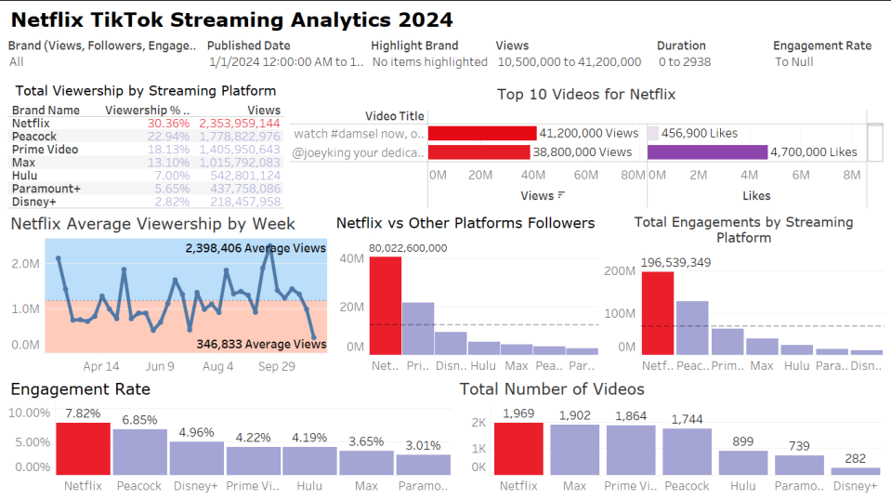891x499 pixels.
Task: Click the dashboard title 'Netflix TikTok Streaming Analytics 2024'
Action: point(231,19)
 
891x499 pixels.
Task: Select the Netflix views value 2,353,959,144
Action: point(241,123)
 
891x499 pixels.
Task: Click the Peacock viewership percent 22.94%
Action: point(168,136)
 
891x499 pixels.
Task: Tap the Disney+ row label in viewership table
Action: point(34,201)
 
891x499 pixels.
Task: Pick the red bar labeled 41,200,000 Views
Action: point(482,134)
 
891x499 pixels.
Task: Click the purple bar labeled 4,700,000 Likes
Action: point(707,152)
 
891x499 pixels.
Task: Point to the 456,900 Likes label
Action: point(699,134)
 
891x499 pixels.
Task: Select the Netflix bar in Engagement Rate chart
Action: point(83,449)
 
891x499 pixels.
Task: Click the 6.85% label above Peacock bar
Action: point(139,421)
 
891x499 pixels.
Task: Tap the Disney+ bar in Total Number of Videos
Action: point(854,471)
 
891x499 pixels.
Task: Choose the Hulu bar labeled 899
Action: point(743,463)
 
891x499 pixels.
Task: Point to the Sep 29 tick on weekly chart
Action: point(276,367)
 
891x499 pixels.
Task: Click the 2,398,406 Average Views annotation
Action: point(256,248)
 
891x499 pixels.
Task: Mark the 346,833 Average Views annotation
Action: point(261,344)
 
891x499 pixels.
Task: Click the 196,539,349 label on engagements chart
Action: point(675,263)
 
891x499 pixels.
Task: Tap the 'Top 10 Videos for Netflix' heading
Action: point(585,94)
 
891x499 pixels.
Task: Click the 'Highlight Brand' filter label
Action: point(414,46)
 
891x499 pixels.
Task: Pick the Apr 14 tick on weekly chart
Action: point(101,367)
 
